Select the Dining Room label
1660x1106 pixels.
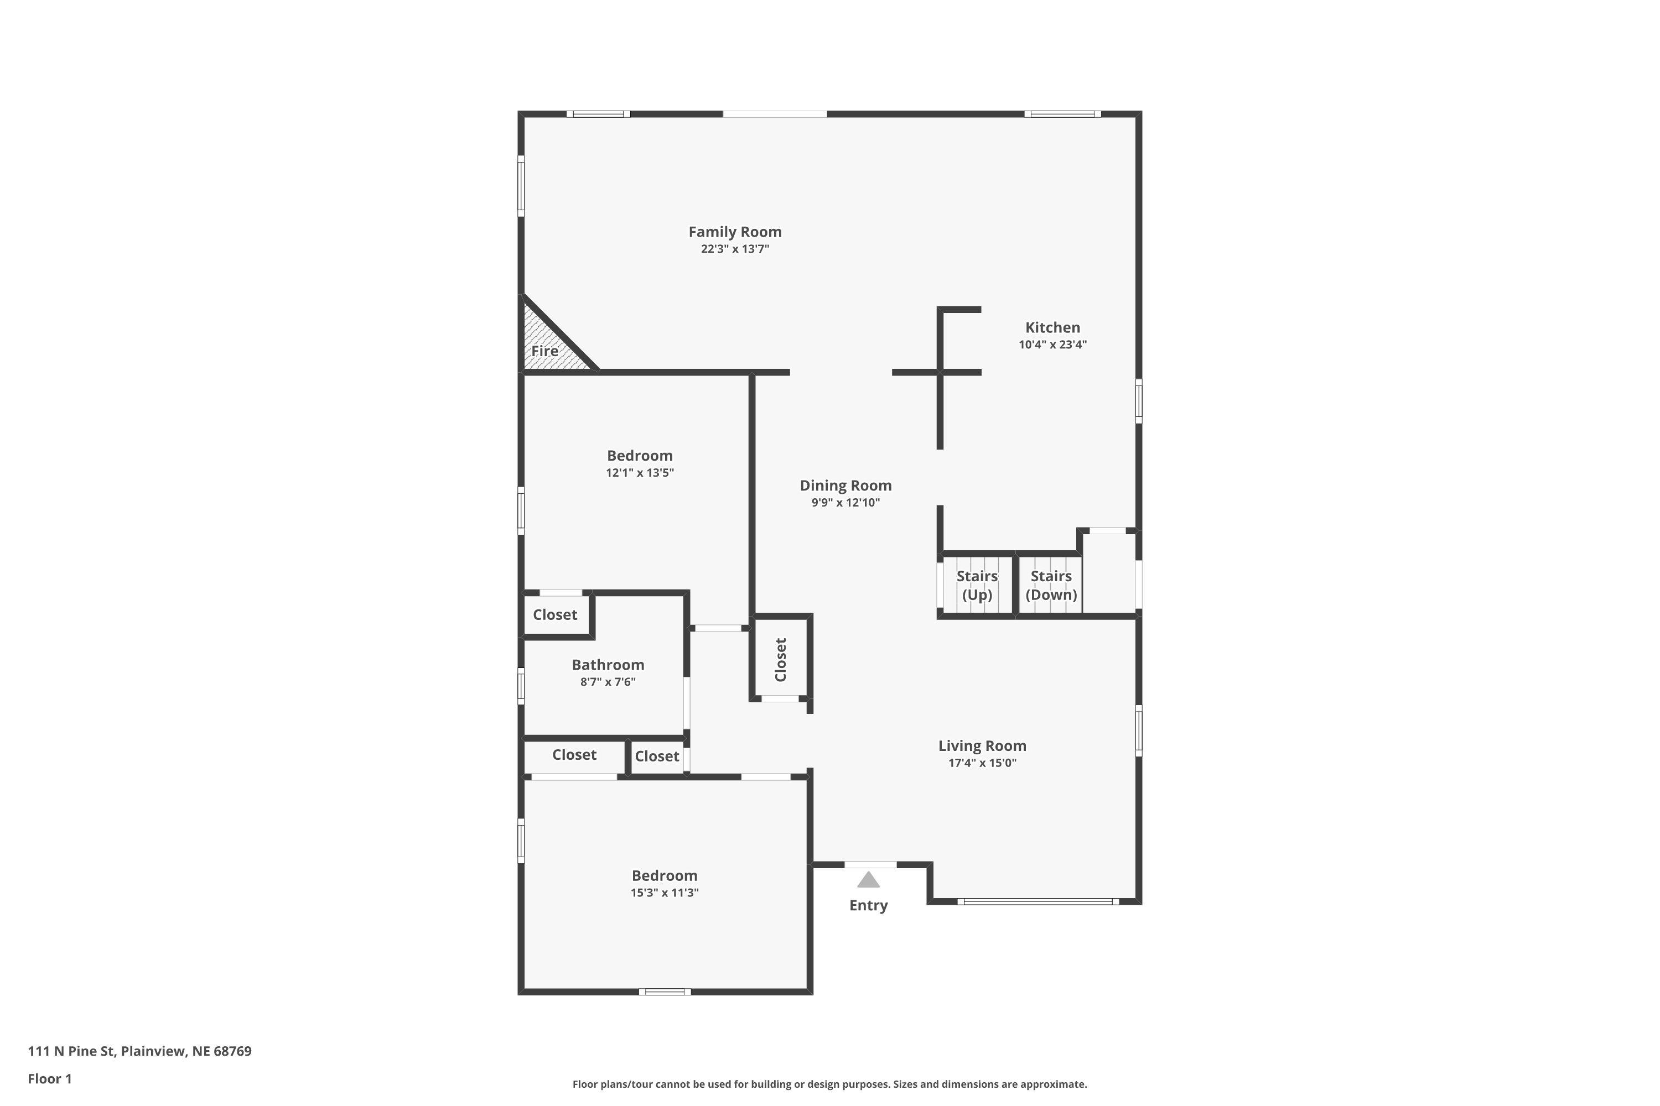click(x=845, y=486)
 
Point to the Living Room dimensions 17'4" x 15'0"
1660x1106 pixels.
click(x=982, y=763)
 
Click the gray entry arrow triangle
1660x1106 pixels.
click(x=868, y=880)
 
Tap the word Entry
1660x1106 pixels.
click(x=868, y=906)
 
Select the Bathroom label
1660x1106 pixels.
click(x=608, y=665)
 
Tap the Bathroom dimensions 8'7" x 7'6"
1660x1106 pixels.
click(x=608, y=682)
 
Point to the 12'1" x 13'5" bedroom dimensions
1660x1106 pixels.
click(x=640, y=473)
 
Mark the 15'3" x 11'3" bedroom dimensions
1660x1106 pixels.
click(x=664, y=893)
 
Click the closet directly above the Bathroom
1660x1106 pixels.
click(x=556, y=615)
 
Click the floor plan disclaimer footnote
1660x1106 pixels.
click(x=829, y=1084)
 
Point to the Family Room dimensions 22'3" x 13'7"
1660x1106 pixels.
click(x=735, y=249)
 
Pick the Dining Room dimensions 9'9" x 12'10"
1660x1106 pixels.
click(x=845, y=503)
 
